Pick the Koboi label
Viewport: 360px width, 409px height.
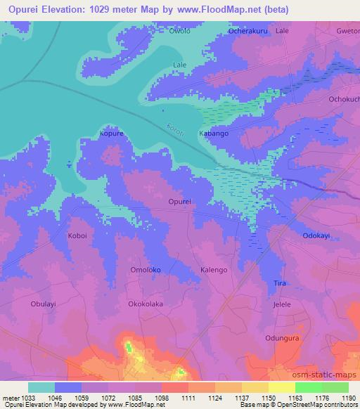click(77, 236)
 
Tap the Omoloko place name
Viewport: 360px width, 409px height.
click(127, 271)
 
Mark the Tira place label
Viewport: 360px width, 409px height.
click(279, 283)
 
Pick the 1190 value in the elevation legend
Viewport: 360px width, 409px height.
click(347, 398)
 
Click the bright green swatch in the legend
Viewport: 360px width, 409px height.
click(308, 387)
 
